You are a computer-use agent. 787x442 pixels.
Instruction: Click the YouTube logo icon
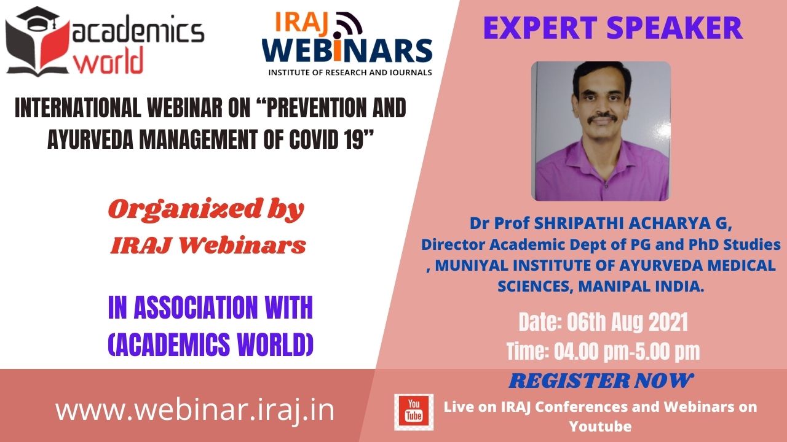tap(414, 412)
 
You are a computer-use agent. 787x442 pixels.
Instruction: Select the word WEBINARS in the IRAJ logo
tap(347, 51)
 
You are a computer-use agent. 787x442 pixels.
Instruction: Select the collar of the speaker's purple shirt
tap(601, 154)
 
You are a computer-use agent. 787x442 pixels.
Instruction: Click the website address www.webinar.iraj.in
tap(195, 410)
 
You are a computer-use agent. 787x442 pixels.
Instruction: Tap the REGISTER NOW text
tap(601, 381)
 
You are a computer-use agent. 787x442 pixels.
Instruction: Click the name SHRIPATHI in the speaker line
tap(580, 224)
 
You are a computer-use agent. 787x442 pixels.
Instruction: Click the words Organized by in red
tap(206, 209)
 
